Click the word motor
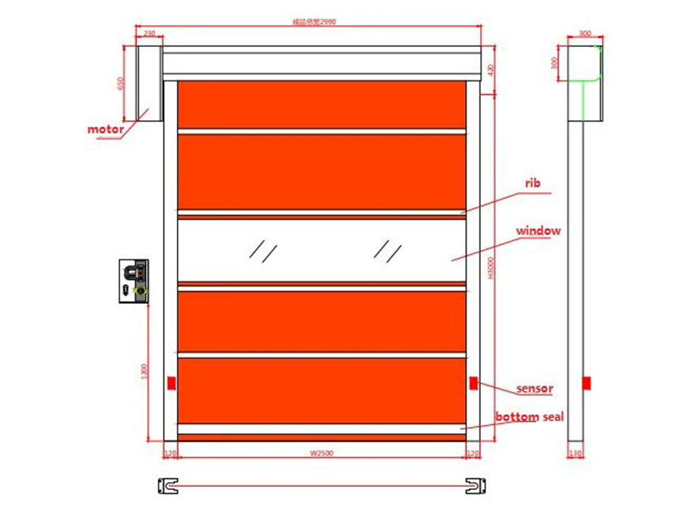(105, 129)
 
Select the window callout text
(538, 231)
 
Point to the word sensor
(535, 389)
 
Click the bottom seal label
(529, 416)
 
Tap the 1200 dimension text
(144, 370)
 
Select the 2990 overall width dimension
(314, 22)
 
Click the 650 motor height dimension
(120, 82)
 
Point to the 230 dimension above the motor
(148, 33)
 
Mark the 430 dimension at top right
(491, 70)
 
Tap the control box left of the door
(134, 281)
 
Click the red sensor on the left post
(172, 382)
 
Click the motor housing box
(148, 82)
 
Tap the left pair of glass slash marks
(264, 252)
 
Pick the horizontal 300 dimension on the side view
(584, 33)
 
